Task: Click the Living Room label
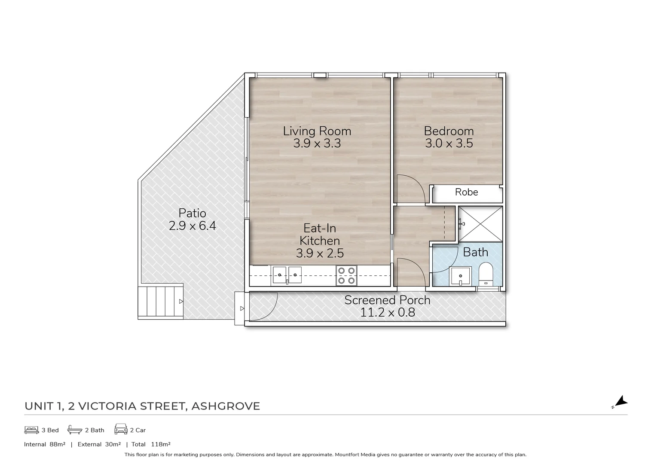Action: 317,131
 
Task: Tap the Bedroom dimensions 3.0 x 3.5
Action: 449,143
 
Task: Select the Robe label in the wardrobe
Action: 466,192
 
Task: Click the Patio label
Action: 192,213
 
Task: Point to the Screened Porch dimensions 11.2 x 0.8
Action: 387,312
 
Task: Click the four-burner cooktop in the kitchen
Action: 346,276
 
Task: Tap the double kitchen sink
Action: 287,275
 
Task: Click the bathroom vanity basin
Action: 460,276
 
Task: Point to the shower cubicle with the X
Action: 480,224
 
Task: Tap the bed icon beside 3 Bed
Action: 31,430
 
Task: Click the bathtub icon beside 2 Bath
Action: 75,430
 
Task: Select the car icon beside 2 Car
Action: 121,430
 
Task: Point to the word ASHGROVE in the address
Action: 226,406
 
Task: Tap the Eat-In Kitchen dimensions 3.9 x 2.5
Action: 320,253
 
